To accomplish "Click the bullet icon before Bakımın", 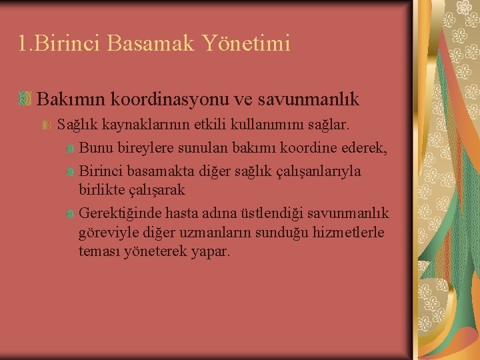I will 25,99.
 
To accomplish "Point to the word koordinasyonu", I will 173,99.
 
